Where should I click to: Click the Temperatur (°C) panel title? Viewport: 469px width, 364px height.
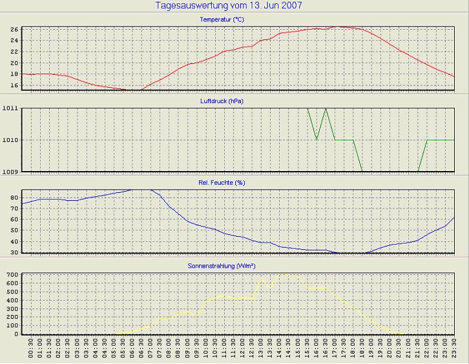tap(222, 20)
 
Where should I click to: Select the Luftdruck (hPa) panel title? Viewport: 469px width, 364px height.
tap(222, 101)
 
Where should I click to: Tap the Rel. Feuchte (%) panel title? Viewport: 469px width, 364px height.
tap(222, 183)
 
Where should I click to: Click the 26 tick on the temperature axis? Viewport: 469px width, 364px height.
tap(14, 30)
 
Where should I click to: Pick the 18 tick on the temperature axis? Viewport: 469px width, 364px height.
tap(14, 74)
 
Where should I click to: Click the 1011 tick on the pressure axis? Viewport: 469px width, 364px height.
tap(10, 108)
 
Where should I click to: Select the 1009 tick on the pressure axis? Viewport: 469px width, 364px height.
tap(10, 172)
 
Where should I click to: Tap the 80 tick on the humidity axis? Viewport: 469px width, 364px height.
tap(14, 208)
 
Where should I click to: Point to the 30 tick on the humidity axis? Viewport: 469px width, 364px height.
tap(14, 253)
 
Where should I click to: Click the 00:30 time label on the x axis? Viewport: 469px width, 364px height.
tap(31, 349)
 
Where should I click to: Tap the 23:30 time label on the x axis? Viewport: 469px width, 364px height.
tap(454, 349)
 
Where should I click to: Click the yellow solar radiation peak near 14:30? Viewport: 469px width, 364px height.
tap(280, 273)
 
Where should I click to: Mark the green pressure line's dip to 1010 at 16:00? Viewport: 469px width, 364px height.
tap(317, 139)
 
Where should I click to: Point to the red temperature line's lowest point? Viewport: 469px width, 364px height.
tap(132, 90)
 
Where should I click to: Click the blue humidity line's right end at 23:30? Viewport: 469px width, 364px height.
tap(454, 217)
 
